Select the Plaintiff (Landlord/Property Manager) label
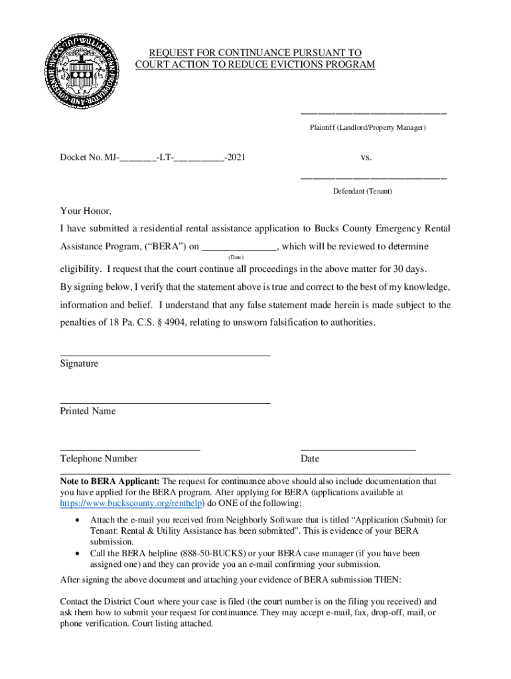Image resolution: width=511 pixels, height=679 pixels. point(367,127)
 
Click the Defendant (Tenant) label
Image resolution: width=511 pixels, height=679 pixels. point(362,191)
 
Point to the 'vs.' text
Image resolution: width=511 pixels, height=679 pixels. point(366,158)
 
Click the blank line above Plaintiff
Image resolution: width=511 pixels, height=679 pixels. point(373,113)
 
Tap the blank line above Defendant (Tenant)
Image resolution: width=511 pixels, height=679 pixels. point(373,178)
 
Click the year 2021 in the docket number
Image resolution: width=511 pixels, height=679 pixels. point(234,158)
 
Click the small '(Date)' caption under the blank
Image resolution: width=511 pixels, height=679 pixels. point(236,257)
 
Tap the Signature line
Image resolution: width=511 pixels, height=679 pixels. point(165,355)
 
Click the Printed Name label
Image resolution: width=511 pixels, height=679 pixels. point(88,411)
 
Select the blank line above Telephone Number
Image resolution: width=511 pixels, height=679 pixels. point(130,450)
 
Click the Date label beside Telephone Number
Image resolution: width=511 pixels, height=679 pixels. point(309,459)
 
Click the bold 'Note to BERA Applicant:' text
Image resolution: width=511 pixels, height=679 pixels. point(110,481)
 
